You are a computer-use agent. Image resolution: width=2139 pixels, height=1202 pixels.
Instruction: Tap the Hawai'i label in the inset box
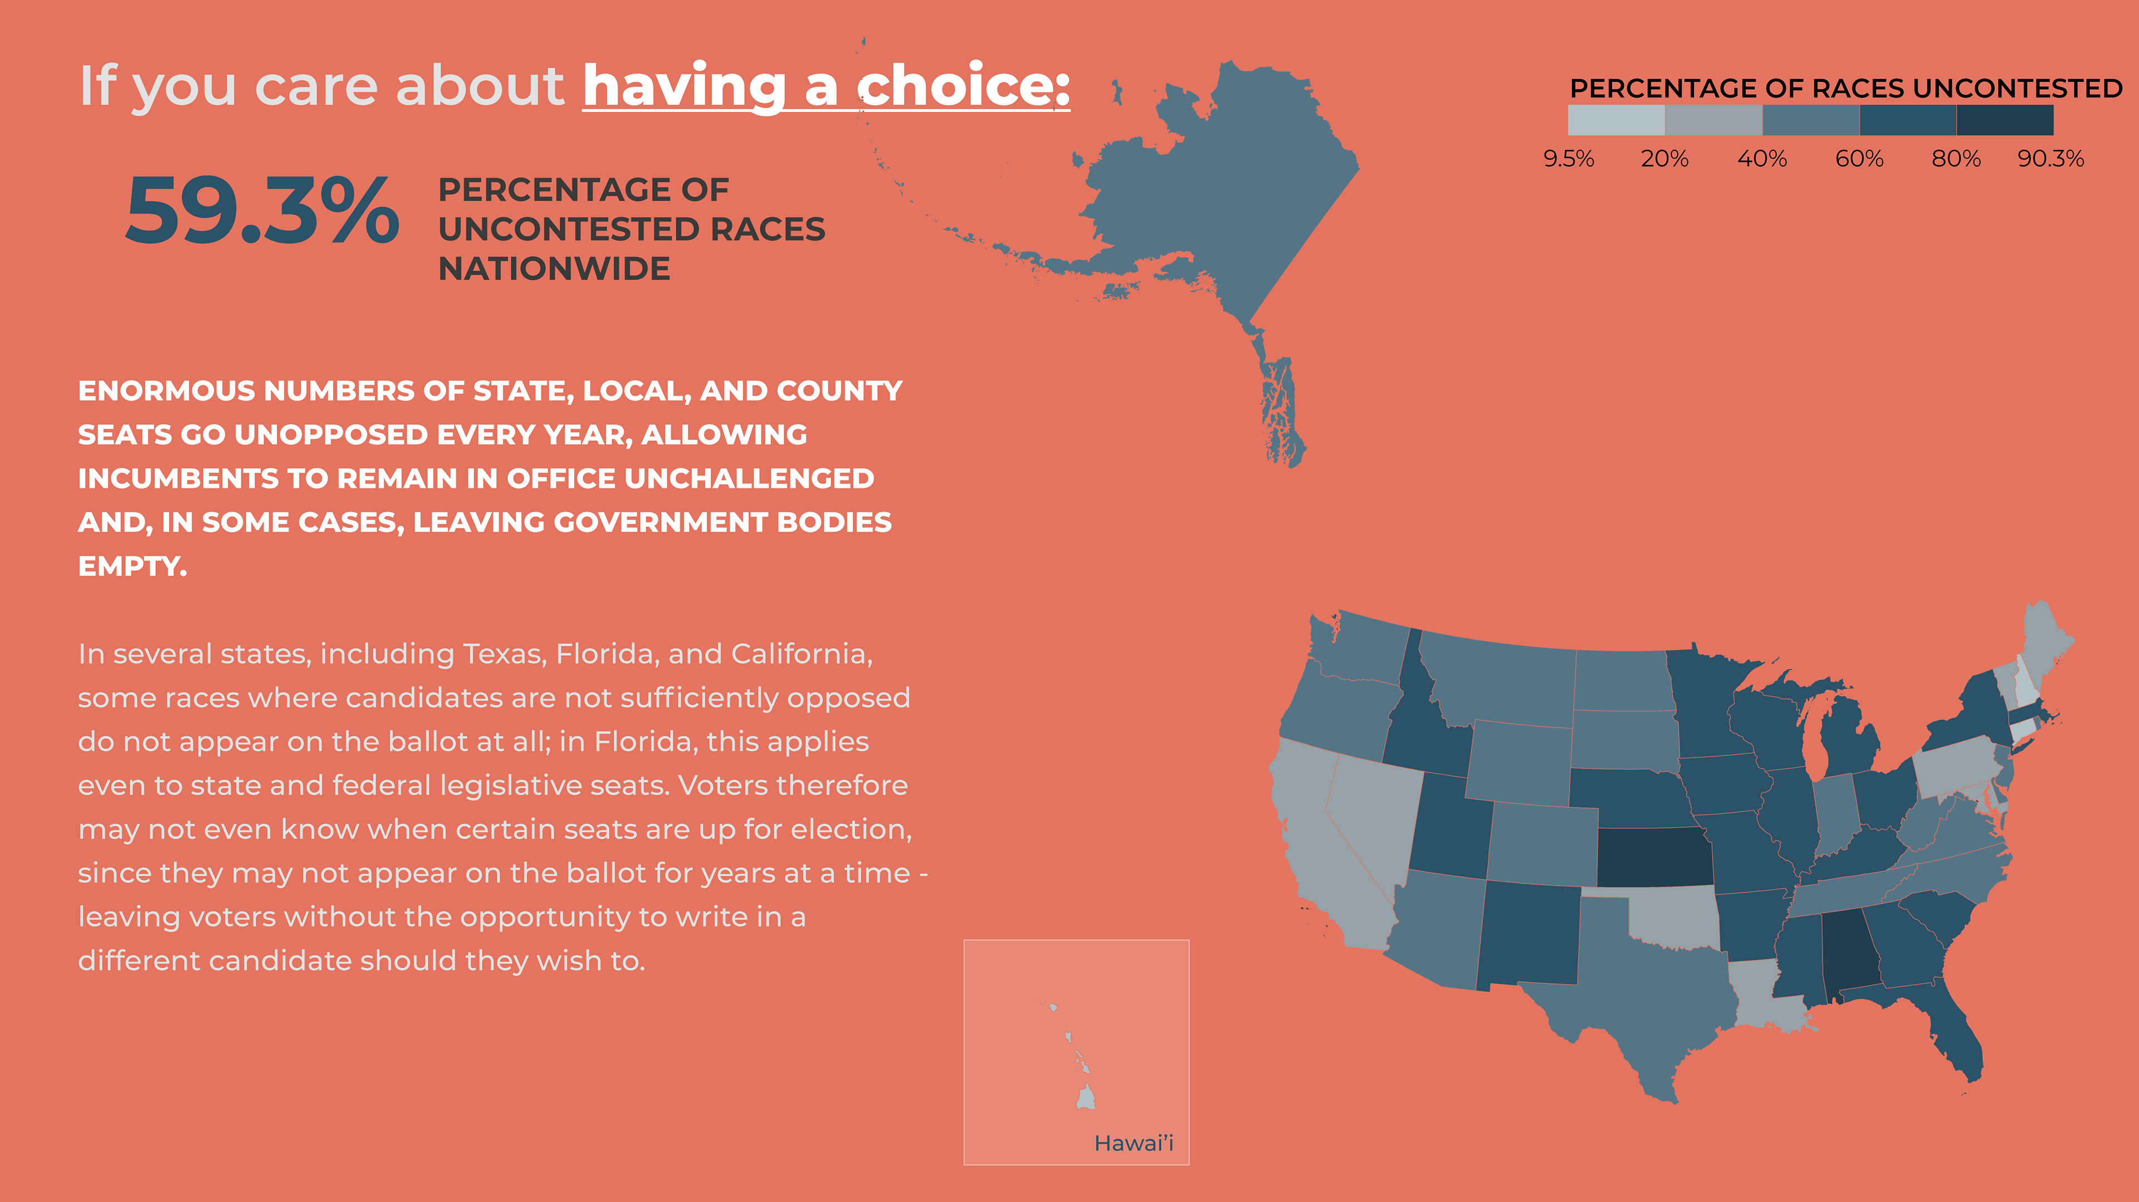(1134, 1143)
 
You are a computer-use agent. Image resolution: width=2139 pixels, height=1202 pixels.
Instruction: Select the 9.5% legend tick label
(1569, 159)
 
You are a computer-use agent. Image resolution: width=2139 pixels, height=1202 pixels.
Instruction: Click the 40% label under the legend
(1762, 159)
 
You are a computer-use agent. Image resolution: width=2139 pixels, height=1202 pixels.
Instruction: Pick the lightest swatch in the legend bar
(1616, 120)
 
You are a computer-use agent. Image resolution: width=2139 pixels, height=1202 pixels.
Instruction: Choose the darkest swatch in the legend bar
(2005, 120)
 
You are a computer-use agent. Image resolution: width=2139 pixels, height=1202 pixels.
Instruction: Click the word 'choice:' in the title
(963, 86)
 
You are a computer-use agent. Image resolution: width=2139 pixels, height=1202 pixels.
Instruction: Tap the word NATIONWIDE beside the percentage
(554, 269)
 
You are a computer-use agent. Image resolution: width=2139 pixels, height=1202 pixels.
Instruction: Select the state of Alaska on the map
(1220, 183)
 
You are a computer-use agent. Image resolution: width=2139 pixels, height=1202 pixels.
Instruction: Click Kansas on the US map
(1654, 857)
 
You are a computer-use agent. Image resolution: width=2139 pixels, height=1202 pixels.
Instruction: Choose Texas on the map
(1644, 996)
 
